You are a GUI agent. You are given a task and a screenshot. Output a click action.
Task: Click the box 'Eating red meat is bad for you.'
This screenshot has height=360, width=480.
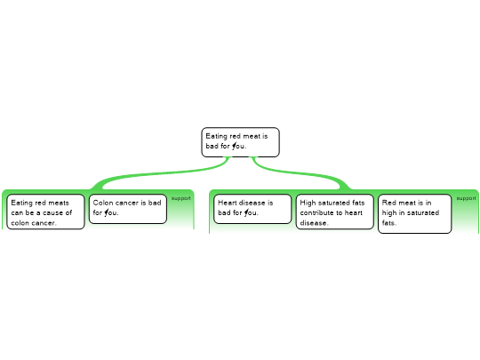[x=240, y=142]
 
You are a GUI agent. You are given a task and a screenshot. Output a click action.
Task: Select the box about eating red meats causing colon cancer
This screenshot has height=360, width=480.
[x=45, y=212]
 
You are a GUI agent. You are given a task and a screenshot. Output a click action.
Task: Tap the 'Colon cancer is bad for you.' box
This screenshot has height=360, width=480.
[x=128, y=209]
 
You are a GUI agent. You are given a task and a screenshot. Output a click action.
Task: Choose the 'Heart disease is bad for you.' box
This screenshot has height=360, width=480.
[x=252, y=209]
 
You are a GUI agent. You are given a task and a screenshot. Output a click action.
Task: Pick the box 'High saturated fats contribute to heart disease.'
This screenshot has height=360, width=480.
[x=334, y=212]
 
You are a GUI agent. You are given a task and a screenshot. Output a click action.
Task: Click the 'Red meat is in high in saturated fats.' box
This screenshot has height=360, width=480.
[x=415, y=213]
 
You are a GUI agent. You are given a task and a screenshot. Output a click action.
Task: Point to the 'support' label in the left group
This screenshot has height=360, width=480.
[x=181, y=198]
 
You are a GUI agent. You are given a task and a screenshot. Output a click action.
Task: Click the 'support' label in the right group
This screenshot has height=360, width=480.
[x=467, y=198]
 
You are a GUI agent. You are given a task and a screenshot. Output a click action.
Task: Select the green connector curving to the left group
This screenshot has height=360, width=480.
[x=159, y=173]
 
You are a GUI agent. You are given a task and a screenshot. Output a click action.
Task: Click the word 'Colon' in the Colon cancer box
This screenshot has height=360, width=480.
[x=101, y=203]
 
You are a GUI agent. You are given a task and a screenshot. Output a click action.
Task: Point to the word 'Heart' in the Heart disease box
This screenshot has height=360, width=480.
[x=227, y=203]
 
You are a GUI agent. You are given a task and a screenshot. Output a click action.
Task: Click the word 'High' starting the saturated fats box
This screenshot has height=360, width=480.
[x=307, y=203]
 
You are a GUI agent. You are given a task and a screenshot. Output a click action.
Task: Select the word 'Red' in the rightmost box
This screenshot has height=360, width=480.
[x=388, y=203]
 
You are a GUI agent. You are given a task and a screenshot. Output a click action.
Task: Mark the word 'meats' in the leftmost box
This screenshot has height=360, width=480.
[x=59, y=203]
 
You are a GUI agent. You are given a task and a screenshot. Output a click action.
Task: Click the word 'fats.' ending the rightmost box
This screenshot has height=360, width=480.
[x=389, y=223]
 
